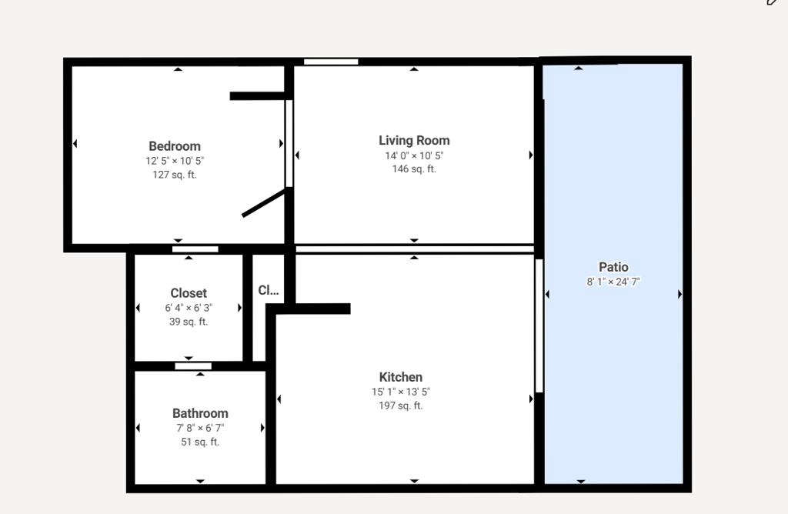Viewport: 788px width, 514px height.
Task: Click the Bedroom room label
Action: coord(175,146)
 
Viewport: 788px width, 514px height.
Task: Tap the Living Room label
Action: coord(414,141)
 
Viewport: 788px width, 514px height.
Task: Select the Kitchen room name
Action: coord(400,377)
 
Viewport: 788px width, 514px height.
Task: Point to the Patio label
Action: coord(613,267)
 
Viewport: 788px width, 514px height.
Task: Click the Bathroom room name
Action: coord(200,413)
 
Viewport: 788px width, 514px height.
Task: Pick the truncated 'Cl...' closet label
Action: coord(269,290)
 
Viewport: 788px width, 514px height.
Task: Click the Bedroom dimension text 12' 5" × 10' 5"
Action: coord(175,161)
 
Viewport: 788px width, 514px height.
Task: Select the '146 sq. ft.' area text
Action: coord(414,169)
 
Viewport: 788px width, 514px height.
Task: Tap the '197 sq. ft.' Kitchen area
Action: coord(400,406)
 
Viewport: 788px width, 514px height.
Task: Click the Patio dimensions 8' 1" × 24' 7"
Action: coord(613,282)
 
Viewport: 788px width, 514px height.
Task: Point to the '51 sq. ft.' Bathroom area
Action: coord(200,442)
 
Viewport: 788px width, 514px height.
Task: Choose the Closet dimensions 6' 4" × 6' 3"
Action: coord(189,308)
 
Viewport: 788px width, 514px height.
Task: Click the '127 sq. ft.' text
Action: coord(175,175)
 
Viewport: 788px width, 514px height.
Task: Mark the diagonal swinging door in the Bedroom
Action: coord(264,202)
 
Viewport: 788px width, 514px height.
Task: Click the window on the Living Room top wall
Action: coord(331,62)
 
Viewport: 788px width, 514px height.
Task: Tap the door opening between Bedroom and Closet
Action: coord(195,249)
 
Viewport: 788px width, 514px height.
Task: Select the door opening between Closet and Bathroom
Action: coord(193,366)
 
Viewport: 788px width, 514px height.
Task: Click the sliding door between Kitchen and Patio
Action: coord(539,325)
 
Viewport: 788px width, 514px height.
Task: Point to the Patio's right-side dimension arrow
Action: coord(679,294)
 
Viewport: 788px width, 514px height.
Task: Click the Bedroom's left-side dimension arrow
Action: coord(75,144)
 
